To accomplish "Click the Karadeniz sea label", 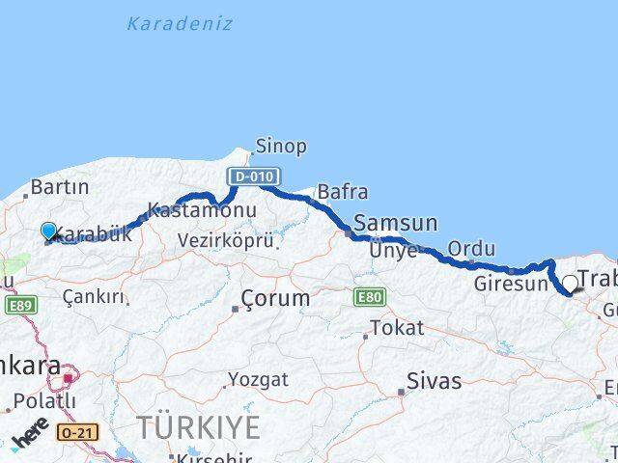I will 180,24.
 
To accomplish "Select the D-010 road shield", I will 254,177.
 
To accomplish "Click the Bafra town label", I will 342,192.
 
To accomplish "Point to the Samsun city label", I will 395,223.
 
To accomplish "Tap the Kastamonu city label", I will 202,210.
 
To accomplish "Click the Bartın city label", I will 60,187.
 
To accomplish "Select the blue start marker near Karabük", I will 49,231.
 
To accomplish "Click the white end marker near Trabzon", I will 570,284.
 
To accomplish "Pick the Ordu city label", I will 471,249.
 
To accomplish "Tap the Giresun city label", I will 510,285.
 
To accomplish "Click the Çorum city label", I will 275,298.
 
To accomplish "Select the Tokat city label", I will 397,328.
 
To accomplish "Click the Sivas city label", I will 434,381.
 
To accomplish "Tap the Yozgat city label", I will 260,380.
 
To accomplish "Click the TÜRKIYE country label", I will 197,426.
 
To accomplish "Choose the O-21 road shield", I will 76,432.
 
